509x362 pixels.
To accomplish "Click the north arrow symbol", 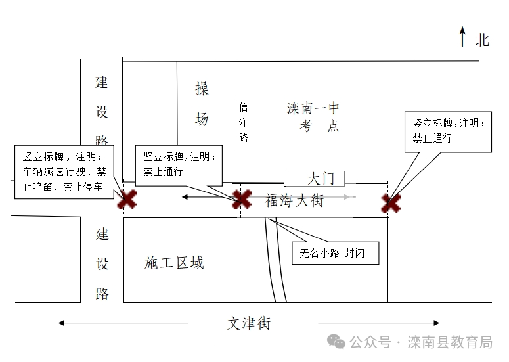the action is [462, 36].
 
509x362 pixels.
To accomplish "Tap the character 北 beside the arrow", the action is [482, 40].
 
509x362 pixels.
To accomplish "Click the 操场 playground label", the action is [202, 104].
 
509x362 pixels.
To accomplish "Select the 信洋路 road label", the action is [243, 122].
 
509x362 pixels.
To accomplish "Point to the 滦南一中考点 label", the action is [313, 117].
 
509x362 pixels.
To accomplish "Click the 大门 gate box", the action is [314, 179].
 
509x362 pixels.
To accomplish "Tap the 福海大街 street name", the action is [294, 200].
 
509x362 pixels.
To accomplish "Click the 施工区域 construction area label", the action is [174, 263].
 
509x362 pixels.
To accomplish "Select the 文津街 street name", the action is [249, 323].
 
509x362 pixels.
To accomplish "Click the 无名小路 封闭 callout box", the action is [336, 253].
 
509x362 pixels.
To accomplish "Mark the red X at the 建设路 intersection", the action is [127, 199].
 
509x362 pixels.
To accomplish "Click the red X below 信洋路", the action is [242, 198].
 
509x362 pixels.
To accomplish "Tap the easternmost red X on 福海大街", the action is [391, 203].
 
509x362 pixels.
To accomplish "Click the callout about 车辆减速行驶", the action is [64, 171].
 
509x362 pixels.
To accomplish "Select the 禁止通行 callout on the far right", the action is [448, 132].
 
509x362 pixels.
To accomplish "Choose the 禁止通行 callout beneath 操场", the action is [179, 166].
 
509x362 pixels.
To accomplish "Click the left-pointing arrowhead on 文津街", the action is [61, 323].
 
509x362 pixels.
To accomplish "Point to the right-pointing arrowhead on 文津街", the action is [436, 323].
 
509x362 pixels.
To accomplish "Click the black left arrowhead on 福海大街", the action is [185, 196].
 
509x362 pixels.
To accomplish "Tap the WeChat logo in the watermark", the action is [336, 342].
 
